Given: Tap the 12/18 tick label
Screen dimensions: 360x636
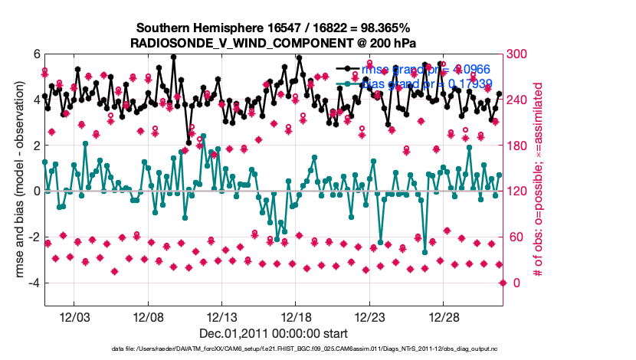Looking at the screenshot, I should (296, 317).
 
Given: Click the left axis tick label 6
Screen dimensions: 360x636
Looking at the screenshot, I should (35, 54).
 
